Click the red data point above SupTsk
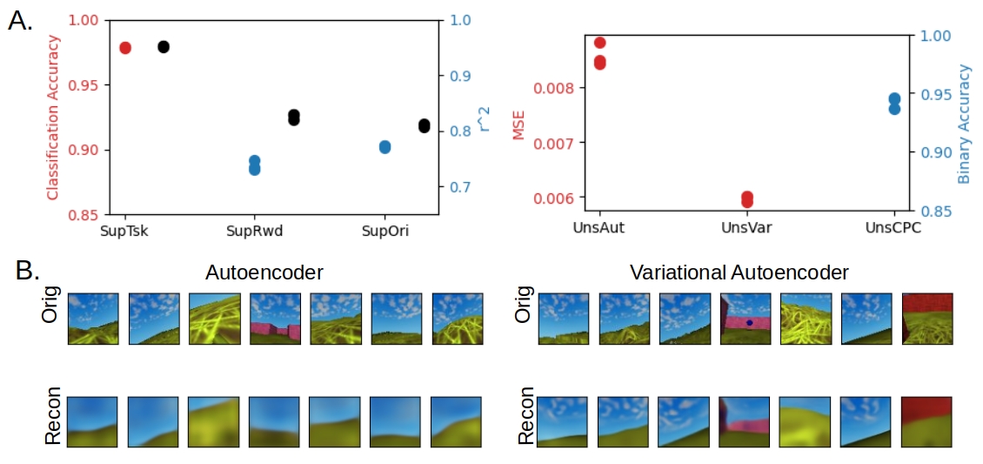tap(124, 48)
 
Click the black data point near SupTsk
tap(164, 47)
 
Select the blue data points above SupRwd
tap(254, 165)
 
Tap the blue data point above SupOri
tap(385, 147)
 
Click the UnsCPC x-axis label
tap(893, 227)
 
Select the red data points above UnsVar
tap(747, 199)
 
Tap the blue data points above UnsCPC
tap(894, 104)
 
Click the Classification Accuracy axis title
tap(52, 117)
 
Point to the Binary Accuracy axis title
tap(964, 124)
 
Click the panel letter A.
tap(19, 22)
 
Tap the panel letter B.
tap(28, 270)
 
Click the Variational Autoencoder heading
tap(739, 272)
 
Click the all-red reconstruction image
tap(926, 421)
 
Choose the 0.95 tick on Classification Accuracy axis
tap(84, 85)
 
